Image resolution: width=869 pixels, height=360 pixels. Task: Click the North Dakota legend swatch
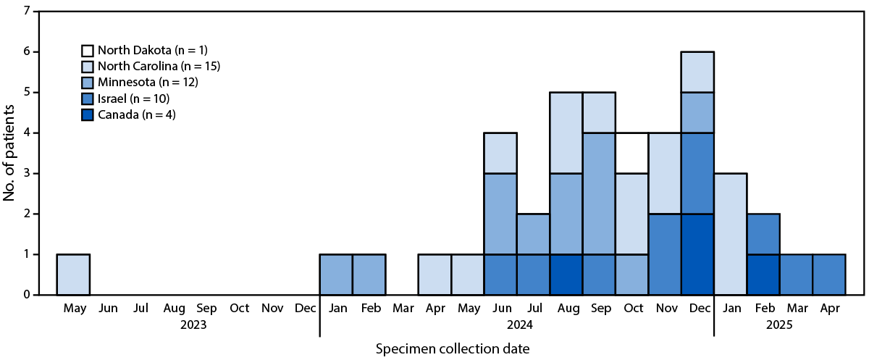87,51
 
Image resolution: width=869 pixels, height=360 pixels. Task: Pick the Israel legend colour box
87,99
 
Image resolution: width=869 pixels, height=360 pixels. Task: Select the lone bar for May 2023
73,275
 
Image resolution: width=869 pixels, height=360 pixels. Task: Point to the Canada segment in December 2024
697,254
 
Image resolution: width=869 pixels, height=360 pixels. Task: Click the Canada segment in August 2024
566,275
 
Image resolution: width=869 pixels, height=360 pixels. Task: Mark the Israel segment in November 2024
664,254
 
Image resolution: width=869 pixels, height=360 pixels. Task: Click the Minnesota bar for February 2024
369,275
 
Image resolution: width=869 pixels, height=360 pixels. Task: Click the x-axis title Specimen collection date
453,349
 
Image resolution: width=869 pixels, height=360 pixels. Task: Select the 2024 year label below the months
516,325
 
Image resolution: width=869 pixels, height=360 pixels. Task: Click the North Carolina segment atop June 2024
500,153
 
